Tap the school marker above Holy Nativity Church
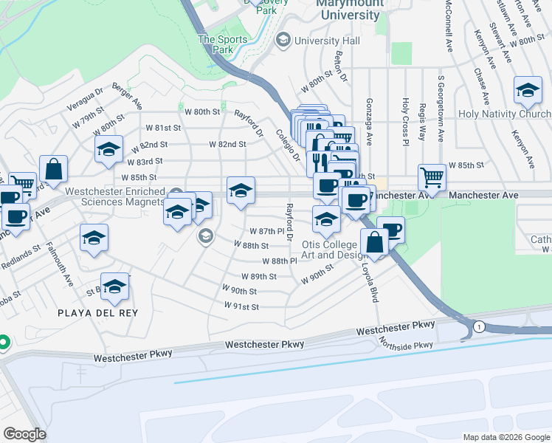(x=527, y=91)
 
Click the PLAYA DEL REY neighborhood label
(x=98, y=312)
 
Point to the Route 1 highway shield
(x=479, y=326)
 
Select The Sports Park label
(x=216, y=44)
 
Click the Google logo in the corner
(x=24, y=434)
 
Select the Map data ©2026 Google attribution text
(x=506, y=437)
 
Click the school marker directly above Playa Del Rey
(x=114, y=288)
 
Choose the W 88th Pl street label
(x=279, y=261)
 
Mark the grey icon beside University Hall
(x=282, y=41)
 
